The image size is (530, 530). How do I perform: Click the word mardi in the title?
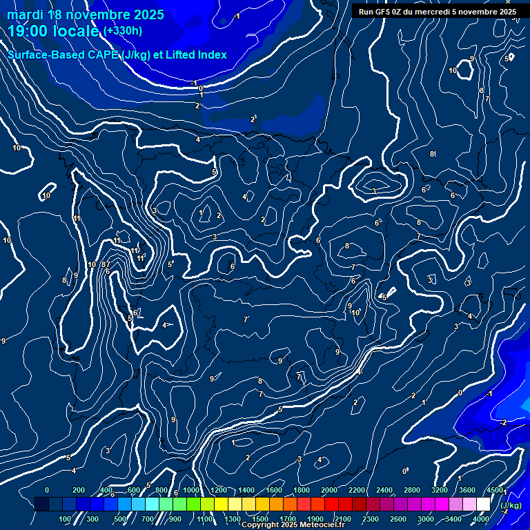coord(25,14)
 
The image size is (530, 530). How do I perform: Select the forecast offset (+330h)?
coord(123,30)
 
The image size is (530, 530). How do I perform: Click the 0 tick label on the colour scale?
coord(47,490)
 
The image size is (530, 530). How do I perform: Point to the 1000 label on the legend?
coord(191,490)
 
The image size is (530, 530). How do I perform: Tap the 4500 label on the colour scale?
coord(494,490)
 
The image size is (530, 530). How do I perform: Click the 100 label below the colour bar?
coord(65,519)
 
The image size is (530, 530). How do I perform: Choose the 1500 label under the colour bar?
coord(260,519)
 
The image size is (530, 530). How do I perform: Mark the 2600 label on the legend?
coord(398,519)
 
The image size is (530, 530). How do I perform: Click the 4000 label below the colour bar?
coord(481,519)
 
